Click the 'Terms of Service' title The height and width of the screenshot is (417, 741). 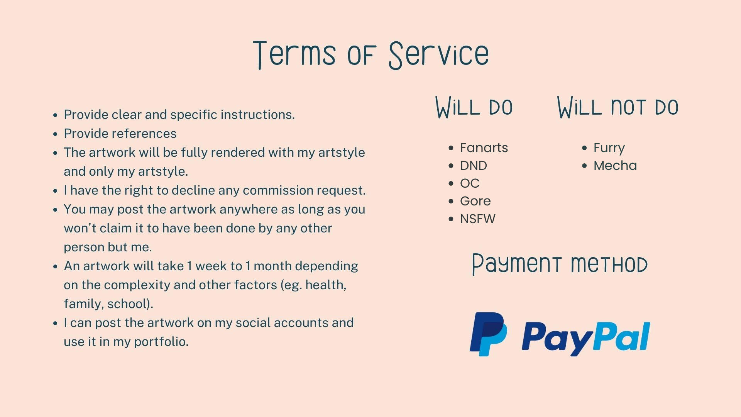coord(371,55)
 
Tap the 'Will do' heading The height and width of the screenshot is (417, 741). coord(474,107)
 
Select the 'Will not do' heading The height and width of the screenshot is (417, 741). coord(618,107)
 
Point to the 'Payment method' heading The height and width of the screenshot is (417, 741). coord(560,264)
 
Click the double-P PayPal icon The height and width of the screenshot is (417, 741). coord(488,334)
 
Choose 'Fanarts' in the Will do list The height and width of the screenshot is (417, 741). coord(484,148)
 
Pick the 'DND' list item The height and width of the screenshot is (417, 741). coord(474,166)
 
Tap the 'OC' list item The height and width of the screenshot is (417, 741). coord(470,183)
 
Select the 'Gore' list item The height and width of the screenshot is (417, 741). coord(475,201)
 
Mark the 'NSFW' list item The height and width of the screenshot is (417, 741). coord(478,219)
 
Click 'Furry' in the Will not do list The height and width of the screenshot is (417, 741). coord(609,148)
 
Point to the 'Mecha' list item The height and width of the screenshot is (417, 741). coord(615,166)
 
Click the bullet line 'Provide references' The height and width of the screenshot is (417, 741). coord(120,134)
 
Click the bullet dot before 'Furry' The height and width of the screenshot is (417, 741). coord(584,148)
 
